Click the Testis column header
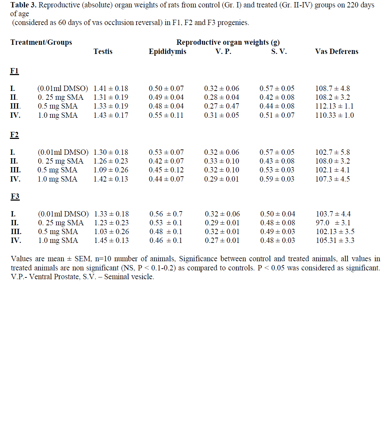pyautogui.click(x=103, y=51)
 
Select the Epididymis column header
pyautogui.click(x=167, y=51)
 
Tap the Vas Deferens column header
pyautogui.click(x=337, y=51)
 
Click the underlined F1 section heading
pyautogui.click(x=14, y=71)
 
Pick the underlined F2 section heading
pyautogui.click(x=14, y=135)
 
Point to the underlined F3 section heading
pyautogui.click(x=15, y=196)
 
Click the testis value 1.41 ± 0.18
pyautogui.click(x=111, y=88)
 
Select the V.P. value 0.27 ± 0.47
pyautogui.click(x=222, y=106)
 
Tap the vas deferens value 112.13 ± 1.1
pyautogui.click(x=334, y=106)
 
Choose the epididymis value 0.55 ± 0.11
pyautogui.click(x=166, y=115)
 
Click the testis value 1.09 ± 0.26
pyautogui.click(x=111, y=170)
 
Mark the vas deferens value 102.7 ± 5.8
pyautogui.click(x=333, y=152)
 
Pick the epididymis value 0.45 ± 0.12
pyautogui.click(x=166, y=170)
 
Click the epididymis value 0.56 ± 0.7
pyautogui.click(x=166, y=214)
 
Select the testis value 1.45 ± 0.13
pyautogui.click(x=111, y=240)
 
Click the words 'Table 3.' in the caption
pyautogui.click(x=23, y=5)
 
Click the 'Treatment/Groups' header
pyautogui.click(x=41, y=42)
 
